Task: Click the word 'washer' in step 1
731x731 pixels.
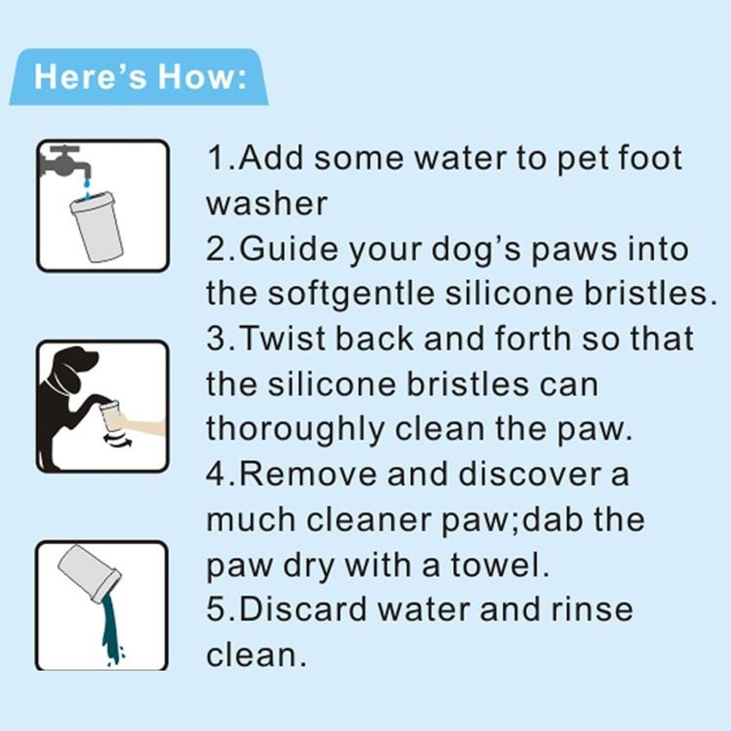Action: [x=266, y=204]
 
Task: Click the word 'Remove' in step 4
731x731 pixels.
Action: [x=308, y=474]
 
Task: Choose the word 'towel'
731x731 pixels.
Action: [x=504, y=564]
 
